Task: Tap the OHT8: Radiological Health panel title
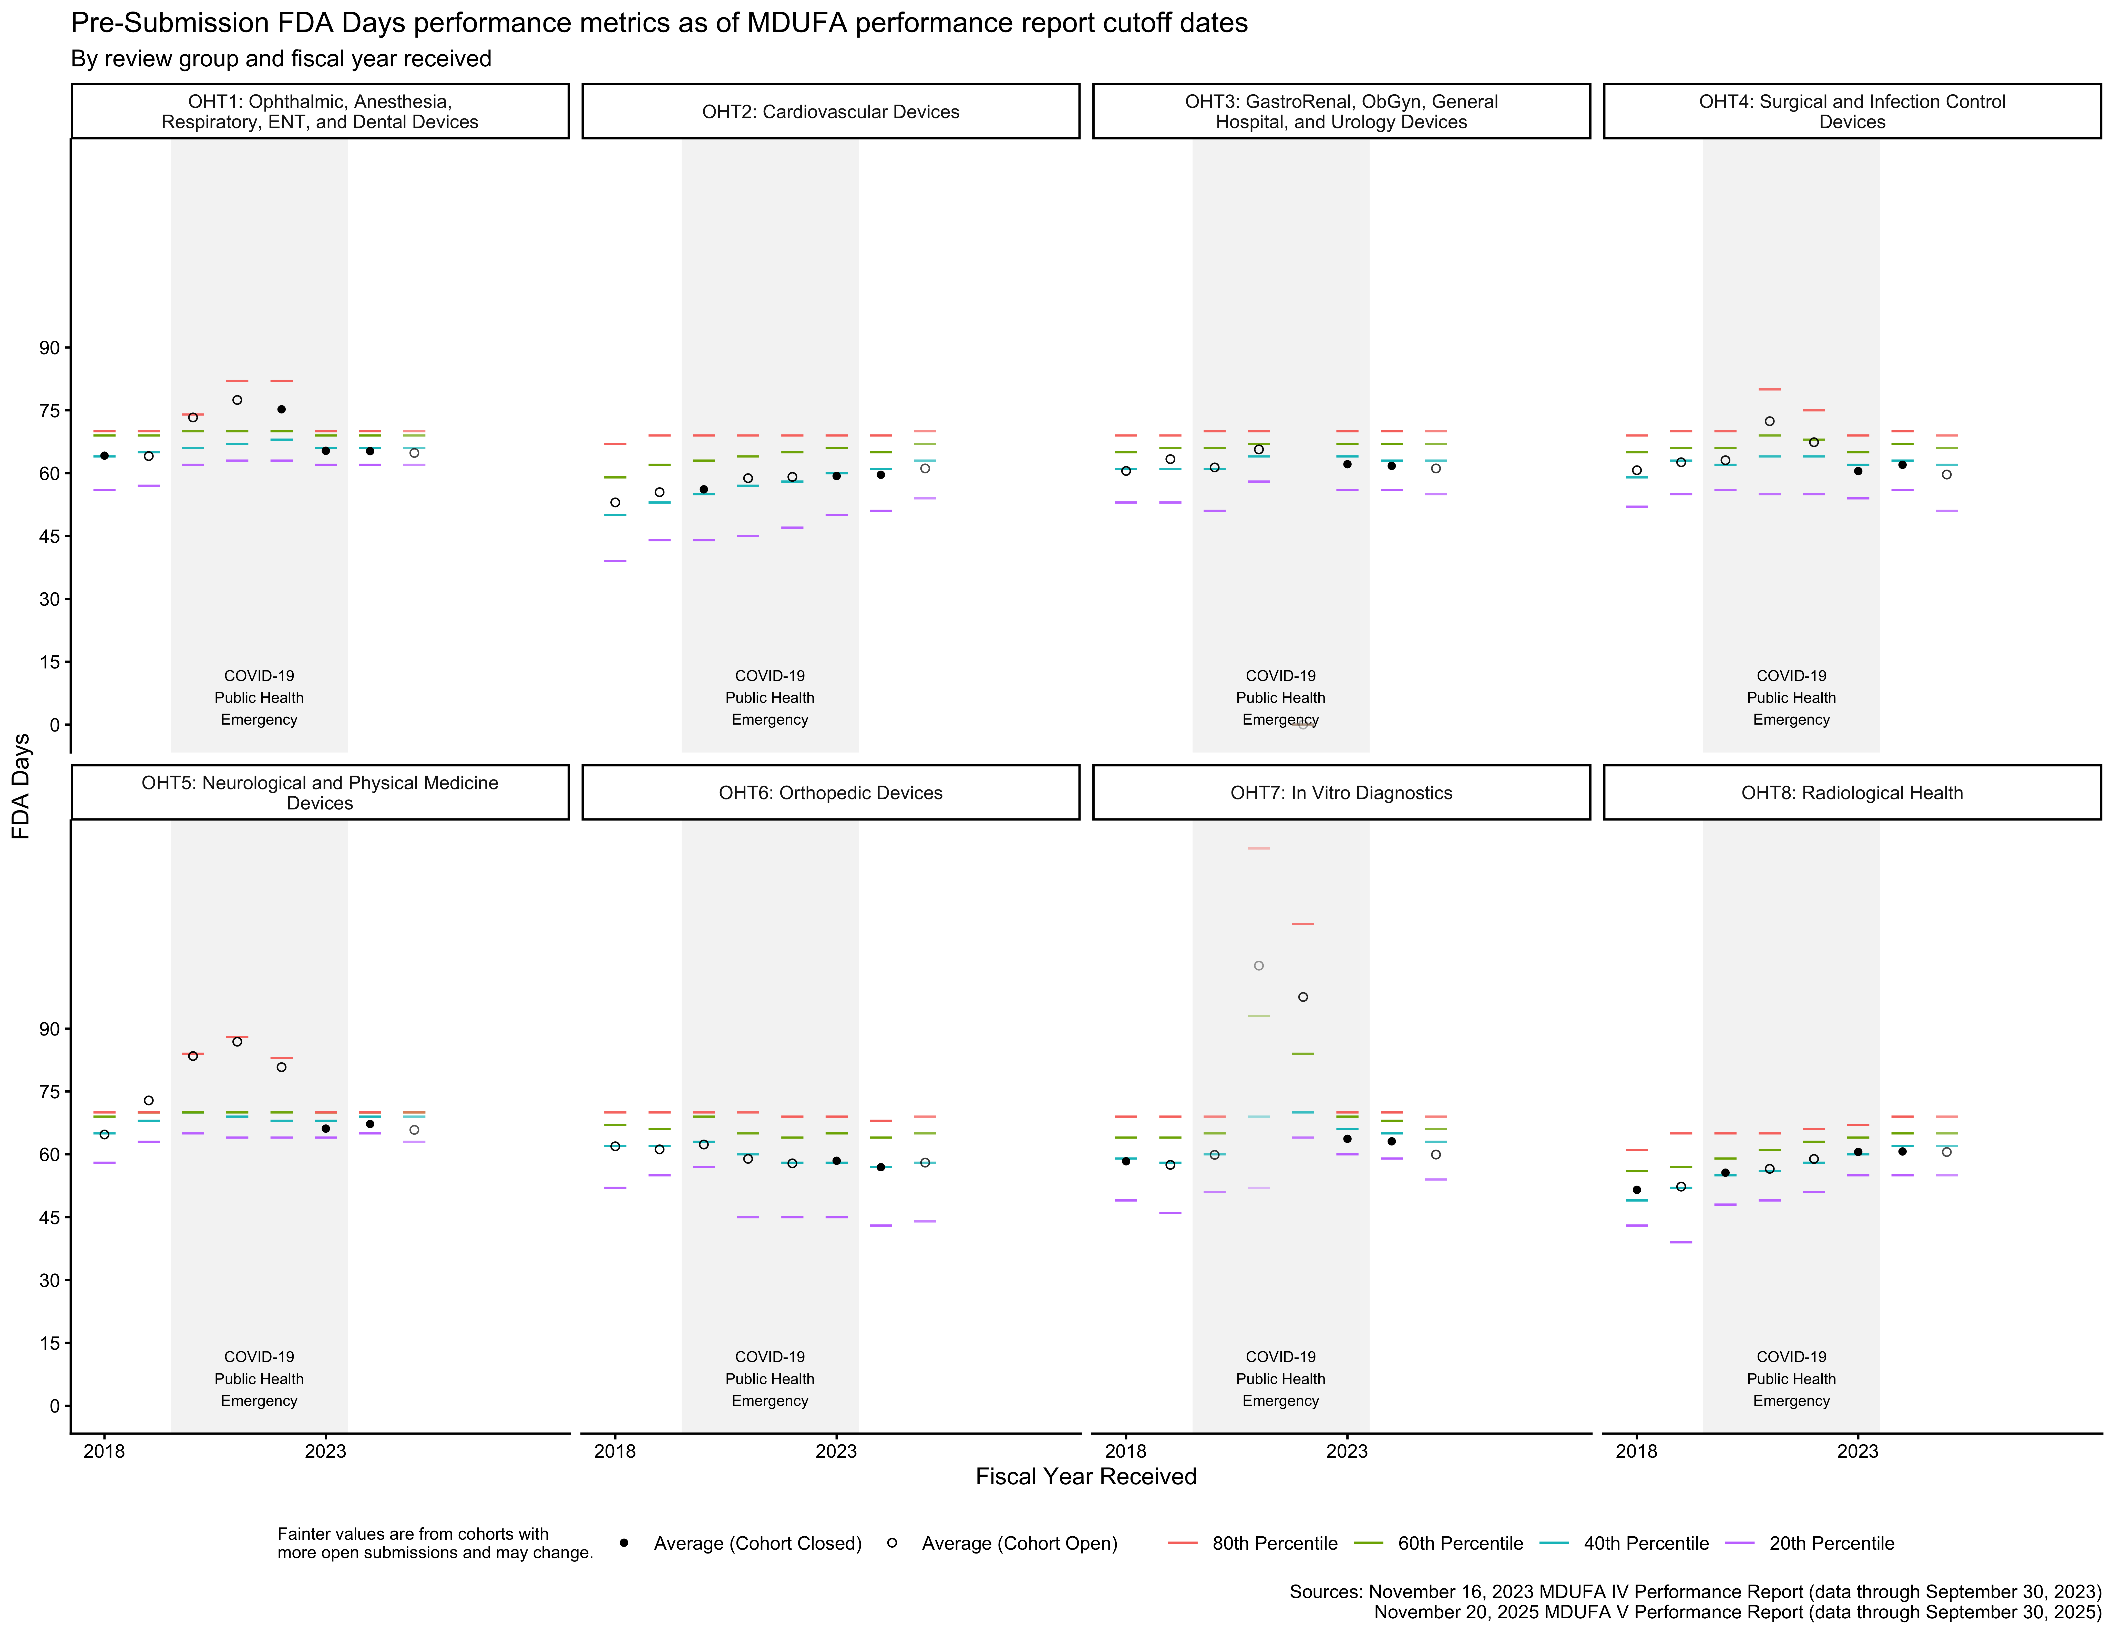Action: [1852, 793]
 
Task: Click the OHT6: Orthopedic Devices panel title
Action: [830, 793]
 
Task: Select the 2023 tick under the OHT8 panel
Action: [1858, 1451]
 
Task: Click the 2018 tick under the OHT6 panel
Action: [615, 1451]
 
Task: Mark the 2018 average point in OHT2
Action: [615, 502]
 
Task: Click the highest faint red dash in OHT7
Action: [1258, 848]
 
